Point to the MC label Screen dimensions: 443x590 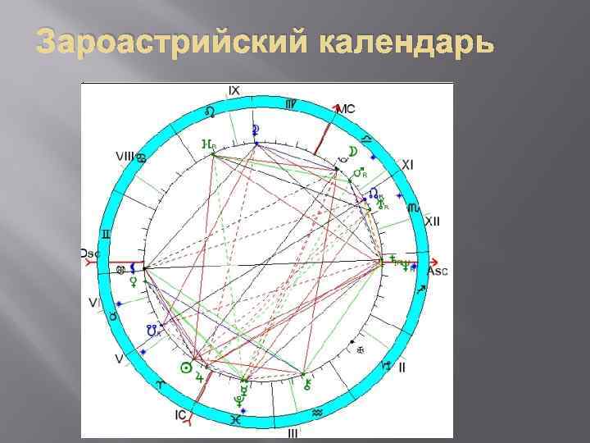point(347,109)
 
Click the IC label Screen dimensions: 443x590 point(180,415)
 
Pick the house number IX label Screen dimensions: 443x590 point(234,90)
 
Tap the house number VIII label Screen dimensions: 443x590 point(125,155)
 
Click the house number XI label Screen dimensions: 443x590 point(407,165)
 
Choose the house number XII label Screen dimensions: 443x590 point(433,221)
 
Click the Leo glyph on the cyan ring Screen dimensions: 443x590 point(211,110)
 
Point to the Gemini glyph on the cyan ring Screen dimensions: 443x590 point(105,235)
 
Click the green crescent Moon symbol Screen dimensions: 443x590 point(353,151)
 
